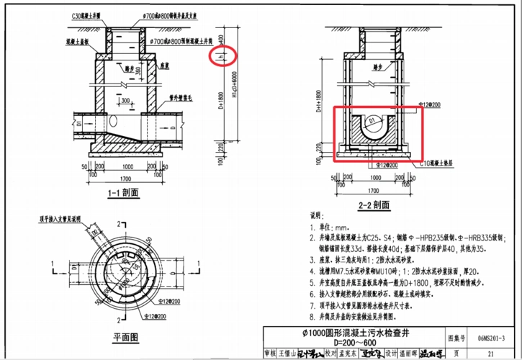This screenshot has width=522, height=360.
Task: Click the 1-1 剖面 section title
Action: click(122, 193)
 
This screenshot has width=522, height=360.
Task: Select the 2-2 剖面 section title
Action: click(374, 205)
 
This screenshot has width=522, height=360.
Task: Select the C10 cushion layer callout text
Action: click(441, 163)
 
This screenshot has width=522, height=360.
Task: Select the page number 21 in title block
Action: click(490, 353)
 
